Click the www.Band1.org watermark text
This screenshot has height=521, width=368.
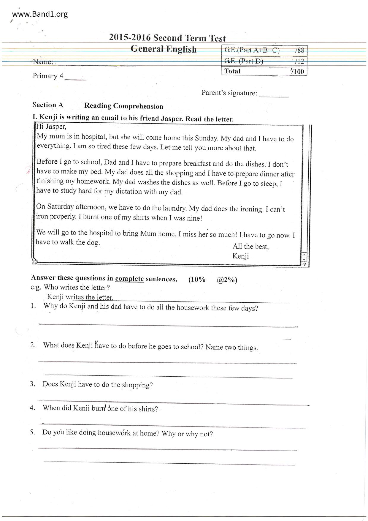click(x=40, y=14)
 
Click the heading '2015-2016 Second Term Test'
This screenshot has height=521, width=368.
click(x=167, y=38)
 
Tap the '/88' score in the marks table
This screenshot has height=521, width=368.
click(x=300, y=50)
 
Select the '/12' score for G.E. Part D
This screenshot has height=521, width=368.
click(x=300, y=61)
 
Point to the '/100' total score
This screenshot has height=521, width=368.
click(x=298, y=71)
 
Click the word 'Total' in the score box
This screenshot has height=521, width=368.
click(x=232, y=71)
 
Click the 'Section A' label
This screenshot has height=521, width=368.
click(x=48, y=105)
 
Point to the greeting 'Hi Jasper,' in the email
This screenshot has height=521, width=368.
click(x=51, y=127)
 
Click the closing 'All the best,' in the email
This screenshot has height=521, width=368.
click(x=251, y=246)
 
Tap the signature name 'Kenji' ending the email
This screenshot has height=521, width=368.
click(x=240, y=256)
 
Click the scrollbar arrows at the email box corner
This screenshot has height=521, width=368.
click(x=304, y=257)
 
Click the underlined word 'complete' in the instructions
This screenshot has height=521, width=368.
click(x=129, y=279)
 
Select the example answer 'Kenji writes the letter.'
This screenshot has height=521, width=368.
click(x=80, y=297)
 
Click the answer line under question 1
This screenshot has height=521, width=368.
click(x=168, y=325)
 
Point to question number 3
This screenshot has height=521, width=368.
click(x=33, y=384)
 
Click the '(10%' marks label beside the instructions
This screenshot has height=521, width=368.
click(x=197, y=280)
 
